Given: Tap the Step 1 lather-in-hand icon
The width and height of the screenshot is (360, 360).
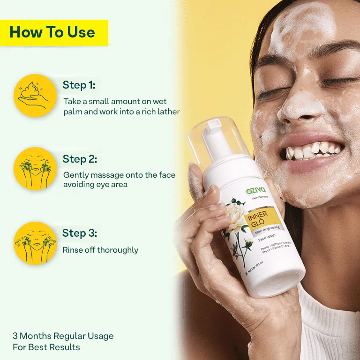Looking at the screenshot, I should pyautogui.click(x=35, y=95).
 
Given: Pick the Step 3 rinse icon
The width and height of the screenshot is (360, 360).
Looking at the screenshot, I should pyautogui.click(x=35, y=243).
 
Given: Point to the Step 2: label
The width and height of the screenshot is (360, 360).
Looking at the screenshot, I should pyautogui.click(x=80, y=159).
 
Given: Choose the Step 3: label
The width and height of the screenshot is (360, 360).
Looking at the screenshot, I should pyautogui.click(x=80, y=233).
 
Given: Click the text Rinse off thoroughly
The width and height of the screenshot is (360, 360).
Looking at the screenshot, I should pyautogui.click(x=100, y=250).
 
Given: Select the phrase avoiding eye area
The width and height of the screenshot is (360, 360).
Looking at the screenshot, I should pyautogui.click(x=95, y=184).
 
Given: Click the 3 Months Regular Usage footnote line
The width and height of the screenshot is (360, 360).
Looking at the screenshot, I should pyautogui.click(x=63, y=336).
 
